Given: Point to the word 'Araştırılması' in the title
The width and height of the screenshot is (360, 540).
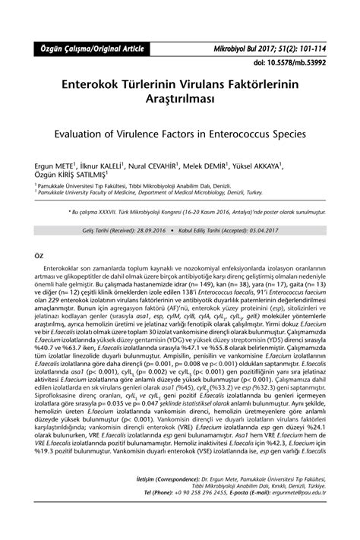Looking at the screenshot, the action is (179, 96).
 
